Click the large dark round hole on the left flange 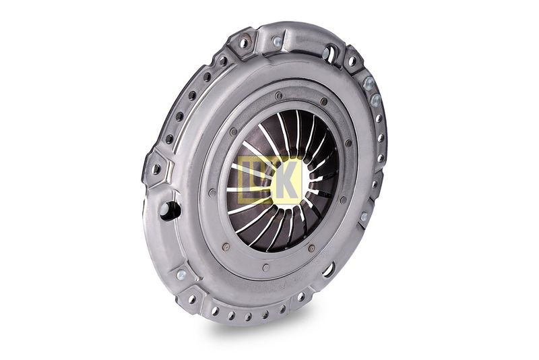(x=170, y=210)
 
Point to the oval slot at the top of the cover (x=328, y=53)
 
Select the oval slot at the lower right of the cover (x=329, y=268)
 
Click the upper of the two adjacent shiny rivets (x=369, y=83)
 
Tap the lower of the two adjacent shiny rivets (x=376, y=100)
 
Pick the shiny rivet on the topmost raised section (x=277, y=41)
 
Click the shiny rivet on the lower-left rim (x=181, y=274)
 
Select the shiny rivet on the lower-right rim (x=364, y=216)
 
